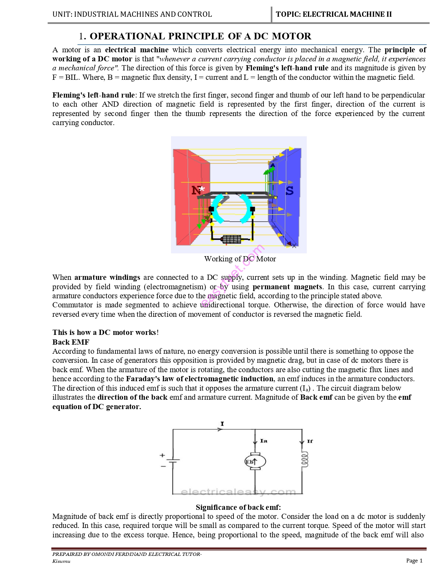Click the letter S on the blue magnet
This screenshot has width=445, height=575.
click(x=290, y=191)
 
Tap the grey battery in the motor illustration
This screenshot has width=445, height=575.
click(x=231, y=239)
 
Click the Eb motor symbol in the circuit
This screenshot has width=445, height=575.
click(x=255, y=462)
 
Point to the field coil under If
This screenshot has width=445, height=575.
click(x=305, y=460)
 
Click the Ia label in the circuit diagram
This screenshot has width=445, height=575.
click(x=264, y=441)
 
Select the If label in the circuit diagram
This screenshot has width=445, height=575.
click(x=310, y=442)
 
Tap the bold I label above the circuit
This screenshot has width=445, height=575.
click(x=222, y=424)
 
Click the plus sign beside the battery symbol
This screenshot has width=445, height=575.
click(x=162, y=455)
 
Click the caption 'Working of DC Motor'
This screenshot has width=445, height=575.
click(x=240, y=259)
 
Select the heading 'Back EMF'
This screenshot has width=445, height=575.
click(x=71, y=342)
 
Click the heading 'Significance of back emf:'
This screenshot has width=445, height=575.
click(x=238, y=507)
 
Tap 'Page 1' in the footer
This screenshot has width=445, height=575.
click(x=414, y=560)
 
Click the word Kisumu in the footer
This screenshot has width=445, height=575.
click(x=61, y=561)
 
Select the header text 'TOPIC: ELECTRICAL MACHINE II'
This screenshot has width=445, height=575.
click(x=334, y=14)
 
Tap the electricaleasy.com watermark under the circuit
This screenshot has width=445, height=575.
click(x=238, y=492)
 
